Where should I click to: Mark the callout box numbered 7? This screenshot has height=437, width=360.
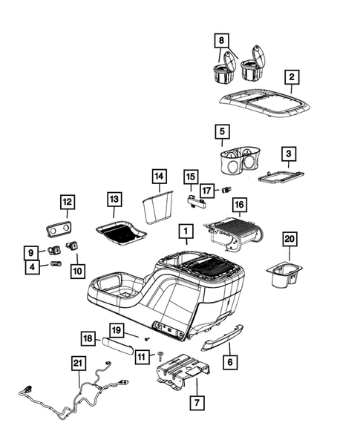(197, 405)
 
